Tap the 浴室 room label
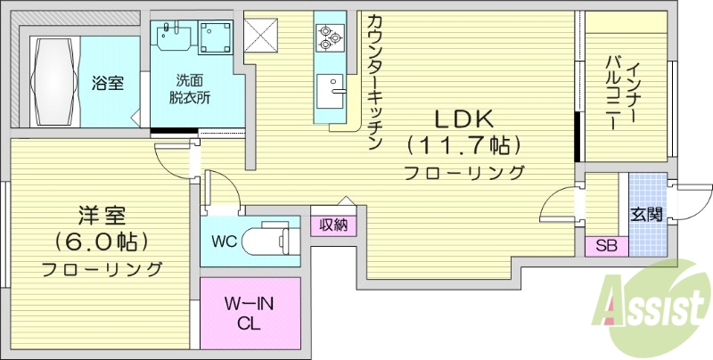coord(107,84)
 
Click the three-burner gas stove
coord(328,36)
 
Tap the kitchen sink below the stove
coord(333,90)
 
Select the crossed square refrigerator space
coord(263,35)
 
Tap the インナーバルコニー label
coord(624,89)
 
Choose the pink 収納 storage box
coord(333,224)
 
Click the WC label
coord(225,241)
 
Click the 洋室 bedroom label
coord(102,215)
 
